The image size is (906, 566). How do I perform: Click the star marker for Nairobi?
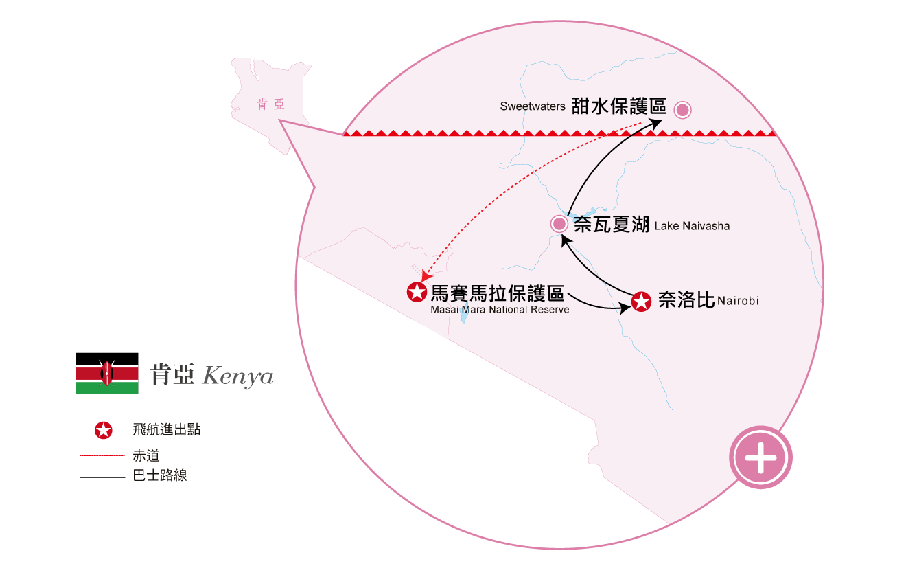(641, 302)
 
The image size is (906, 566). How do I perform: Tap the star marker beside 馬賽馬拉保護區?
(416, 292)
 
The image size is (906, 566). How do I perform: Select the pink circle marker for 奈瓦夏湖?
(559, 224)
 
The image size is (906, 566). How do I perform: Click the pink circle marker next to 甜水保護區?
(682, 109)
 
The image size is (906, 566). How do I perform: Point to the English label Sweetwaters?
(533, 106)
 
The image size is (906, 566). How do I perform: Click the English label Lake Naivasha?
(692, 226)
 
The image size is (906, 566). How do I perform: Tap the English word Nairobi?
(739, 301)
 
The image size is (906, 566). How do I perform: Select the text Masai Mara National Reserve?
(500, 310)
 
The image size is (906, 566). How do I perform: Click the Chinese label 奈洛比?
(686, 300)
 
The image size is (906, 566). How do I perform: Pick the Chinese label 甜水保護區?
(619, 106)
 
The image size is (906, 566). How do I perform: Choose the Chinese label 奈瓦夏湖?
(612, 225)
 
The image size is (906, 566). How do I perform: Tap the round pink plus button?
(760, 457)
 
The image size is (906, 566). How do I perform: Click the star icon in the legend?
(103, 431)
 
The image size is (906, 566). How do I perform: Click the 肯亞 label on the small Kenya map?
(270, 104)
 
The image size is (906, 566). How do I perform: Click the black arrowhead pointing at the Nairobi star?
(626, 308)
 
